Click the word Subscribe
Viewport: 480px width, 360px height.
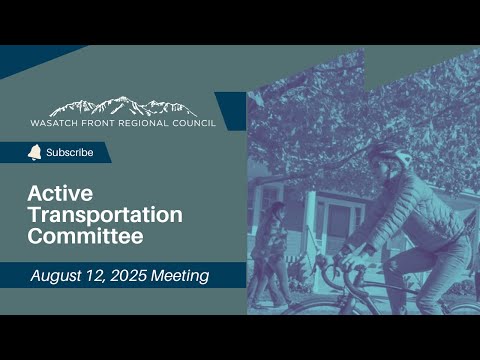(x=70, y=152)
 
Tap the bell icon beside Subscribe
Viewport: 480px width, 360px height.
(x=35, y=152)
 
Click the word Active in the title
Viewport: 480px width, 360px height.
(x=60, y=193)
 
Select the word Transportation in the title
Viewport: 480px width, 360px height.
(x=105, y=215)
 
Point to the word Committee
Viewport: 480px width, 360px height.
(x=86, y=236)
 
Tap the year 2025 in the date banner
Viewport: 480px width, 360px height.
(x=128, y=276)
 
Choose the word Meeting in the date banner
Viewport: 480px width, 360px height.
(x=180, y=276)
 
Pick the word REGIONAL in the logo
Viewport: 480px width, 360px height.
(x=143, y=123)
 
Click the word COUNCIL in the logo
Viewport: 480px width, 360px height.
(x=194, y=123)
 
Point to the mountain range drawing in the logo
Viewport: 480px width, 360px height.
(x=123, y=106)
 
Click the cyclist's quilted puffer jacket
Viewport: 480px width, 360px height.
(x=413, y=213)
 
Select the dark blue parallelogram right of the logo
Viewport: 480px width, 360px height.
(x=232, y=111)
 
